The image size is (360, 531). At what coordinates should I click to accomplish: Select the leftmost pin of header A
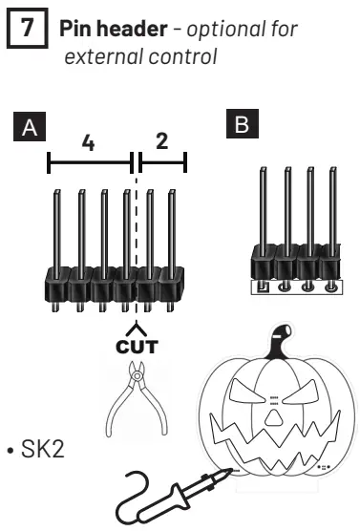point(57,239)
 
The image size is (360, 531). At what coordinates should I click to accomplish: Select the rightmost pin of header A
point(171,239)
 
